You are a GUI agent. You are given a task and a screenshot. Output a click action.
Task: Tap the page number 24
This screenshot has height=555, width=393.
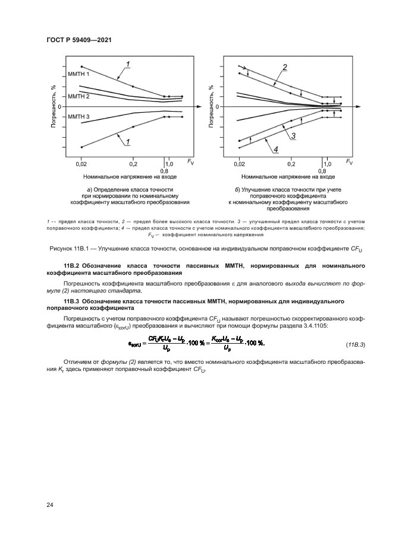pos(50,505)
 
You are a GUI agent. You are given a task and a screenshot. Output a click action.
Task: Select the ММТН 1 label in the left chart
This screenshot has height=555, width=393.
pos(78,74)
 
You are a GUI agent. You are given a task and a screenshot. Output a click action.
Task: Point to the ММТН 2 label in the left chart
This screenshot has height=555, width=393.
pos(78,96)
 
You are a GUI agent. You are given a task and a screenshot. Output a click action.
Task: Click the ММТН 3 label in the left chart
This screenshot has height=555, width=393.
pos(78,117)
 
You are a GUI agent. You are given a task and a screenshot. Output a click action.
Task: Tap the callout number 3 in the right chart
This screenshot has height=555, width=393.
pos(293,136)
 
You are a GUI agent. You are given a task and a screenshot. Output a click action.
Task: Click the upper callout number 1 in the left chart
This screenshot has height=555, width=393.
pos(127,64)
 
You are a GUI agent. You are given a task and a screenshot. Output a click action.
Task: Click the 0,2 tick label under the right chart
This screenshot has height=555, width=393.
pos(291,163)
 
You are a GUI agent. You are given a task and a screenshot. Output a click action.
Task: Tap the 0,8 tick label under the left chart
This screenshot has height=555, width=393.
pos(164,170)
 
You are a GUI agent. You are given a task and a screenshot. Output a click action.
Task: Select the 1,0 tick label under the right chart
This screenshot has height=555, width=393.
pos(327,163)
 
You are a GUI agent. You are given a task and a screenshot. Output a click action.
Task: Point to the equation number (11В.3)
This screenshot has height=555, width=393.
pos(355,344)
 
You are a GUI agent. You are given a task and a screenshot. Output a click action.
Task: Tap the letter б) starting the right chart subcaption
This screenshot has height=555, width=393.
pos(238,189)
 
